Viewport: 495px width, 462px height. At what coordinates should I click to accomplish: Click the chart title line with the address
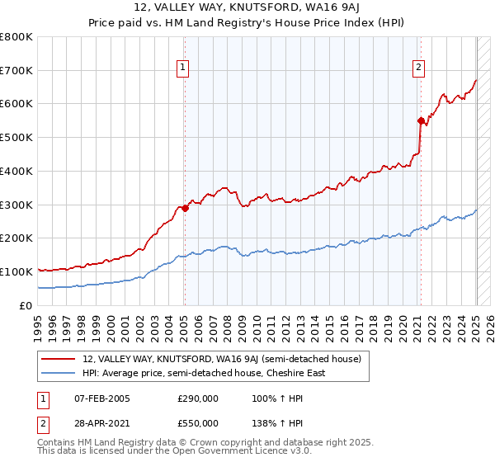tap(247, 9)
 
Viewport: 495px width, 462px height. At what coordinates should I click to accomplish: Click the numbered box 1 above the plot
tap(182, 68)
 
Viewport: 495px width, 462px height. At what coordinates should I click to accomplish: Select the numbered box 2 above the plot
tap(419, 68)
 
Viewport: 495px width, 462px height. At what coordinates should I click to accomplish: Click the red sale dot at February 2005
tap(185, 208)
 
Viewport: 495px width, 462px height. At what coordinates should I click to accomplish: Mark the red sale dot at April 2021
tap(422, 120)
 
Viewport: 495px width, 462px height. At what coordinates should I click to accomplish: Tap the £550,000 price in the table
tap(197, 422)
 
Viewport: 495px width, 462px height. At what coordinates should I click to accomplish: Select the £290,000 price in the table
tap(197, 398)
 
